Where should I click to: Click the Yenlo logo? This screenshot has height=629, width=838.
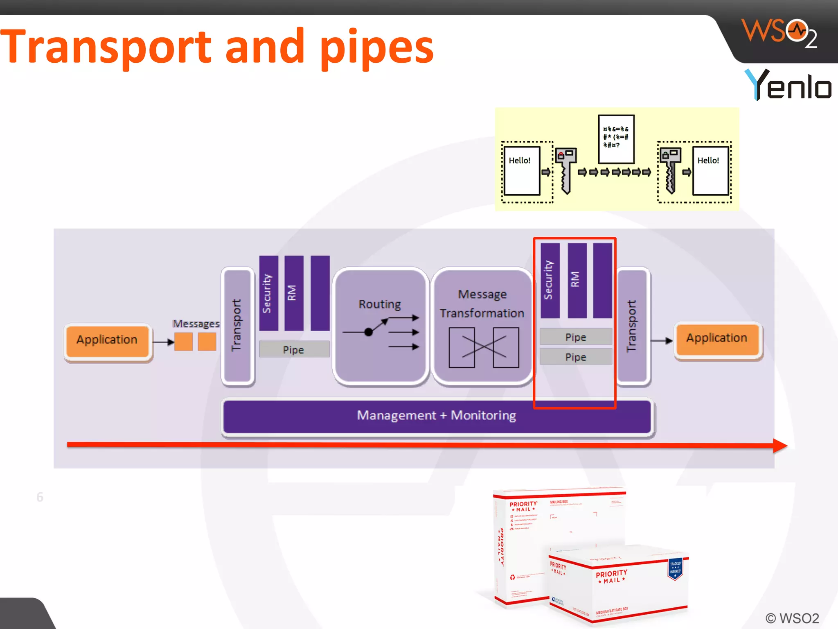[x=788, y=85]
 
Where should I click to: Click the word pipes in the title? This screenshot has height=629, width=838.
[x=376, y=47]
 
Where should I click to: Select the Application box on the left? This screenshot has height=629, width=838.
[x=107, y=340]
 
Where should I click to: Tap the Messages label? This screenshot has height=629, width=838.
[x=196, y=324]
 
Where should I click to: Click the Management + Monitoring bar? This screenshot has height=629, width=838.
[x=437, y=416]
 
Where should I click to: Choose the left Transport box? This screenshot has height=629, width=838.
[x=237, y=326]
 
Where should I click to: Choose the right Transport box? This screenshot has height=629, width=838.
[x=632, y=326]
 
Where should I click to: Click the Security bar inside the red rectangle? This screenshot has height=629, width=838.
[x=550, y=281]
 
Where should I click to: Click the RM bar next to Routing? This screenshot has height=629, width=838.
[x=293, y=293]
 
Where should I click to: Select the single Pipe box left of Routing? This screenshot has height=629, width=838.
[x=294, y=349]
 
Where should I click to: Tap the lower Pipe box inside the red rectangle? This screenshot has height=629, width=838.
[x=576, y=357]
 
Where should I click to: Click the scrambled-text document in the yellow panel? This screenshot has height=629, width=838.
[x=616, y=139]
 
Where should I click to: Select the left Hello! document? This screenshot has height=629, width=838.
[x=521, y=171]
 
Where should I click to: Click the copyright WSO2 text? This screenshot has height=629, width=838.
[x=792, y=618]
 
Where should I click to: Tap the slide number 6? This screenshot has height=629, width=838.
[x=40, y=497]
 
